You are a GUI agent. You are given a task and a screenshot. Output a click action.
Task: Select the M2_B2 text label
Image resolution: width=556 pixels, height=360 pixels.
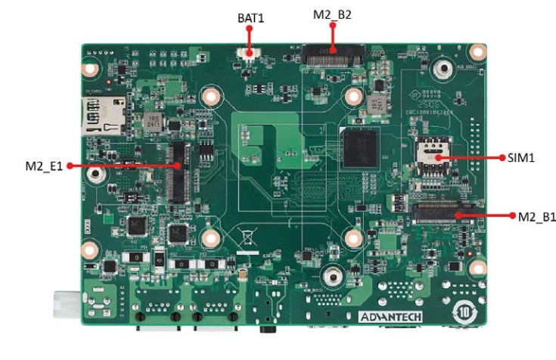pos(333,14)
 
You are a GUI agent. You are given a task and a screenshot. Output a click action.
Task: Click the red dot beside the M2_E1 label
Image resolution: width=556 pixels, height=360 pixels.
pos(69,164)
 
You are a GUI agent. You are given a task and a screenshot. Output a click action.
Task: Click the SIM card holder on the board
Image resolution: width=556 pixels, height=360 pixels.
pos(431,161)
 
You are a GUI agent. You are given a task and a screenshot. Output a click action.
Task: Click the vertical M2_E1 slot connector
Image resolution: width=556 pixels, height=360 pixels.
pos(178,172)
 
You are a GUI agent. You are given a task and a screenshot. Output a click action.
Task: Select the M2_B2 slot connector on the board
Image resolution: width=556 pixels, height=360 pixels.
pos(332,54)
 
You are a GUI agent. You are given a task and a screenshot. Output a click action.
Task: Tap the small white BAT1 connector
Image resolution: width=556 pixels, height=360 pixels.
pos(248,52)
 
